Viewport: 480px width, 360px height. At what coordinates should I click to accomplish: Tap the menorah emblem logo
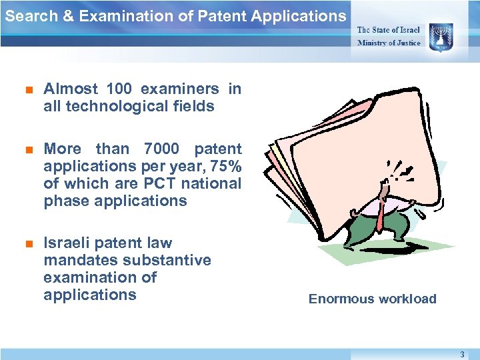tap(441, 35)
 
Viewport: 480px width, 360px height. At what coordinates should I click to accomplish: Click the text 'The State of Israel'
tap(389, 29)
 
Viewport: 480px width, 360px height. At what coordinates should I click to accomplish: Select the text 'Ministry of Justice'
tap(389, 43)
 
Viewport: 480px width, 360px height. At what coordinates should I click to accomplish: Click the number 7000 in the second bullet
tap(159, 149)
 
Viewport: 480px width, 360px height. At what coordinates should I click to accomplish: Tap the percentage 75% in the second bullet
tap(223, 166)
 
